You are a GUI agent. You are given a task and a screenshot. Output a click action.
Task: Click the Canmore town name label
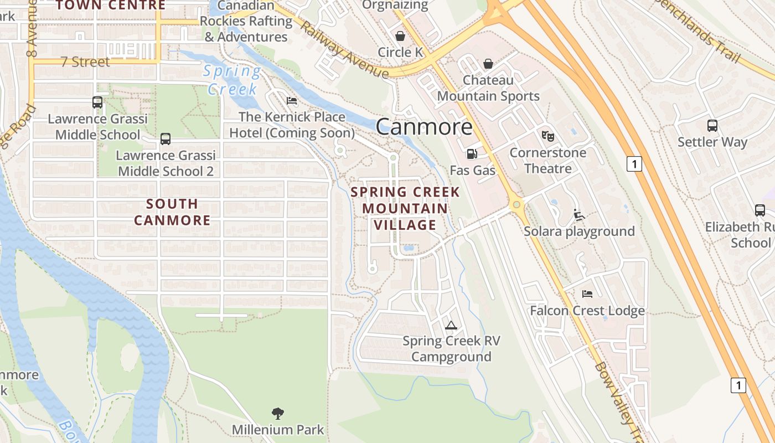pos(424,127)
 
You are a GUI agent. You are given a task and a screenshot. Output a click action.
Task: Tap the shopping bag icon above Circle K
pos(400,36)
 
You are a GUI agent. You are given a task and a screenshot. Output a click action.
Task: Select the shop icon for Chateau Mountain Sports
pos(488,64)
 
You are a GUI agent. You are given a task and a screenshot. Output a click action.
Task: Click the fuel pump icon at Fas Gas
pos(472,154)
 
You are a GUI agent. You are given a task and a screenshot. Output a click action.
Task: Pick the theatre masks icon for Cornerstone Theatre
pos(547,136)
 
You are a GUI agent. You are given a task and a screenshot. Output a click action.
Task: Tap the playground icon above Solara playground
pos(579,215)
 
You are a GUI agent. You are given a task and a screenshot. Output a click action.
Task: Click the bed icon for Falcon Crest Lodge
pos(587,293)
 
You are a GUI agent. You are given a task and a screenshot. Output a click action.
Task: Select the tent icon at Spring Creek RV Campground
pos(451,325)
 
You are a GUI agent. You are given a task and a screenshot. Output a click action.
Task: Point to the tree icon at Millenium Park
pos(278,413)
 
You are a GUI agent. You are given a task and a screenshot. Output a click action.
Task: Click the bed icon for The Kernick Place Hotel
pos(292,101)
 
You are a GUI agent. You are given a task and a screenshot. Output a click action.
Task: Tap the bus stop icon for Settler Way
pos(712,126)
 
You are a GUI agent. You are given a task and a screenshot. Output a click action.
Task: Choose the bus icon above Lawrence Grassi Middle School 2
pos(166,139)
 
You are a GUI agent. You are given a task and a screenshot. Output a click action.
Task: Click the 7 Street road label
pos(85,61)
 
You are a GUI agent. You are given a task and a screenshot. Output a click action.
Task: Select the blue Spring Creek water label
pos(232,80)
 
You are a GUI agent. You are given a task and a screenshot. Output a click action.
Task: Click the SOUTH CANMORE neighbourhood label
pos(172,212)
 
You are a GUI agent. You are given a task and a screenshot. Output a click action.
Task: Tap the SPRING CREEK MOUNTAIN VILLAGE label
pos(405,208)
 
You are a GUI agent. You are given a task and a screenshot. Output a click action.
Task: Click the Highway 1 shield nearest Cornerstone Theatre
pos(634,164)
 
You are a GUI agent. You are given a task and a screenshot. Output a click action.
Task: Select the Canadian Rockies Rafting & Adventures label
pos(246,22)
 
